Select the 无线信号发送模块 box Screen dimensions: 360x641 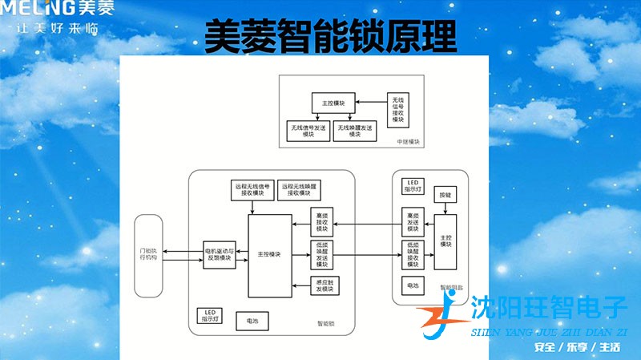point(308,131)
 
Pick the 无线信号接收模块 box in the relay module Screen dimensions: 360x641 point(397,108)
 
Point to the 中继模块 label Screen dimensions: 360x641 point(409,141)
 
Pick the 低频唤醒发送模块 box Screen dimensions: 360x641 point(322,255)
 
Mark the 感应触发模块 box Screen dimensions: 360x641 point(322,285)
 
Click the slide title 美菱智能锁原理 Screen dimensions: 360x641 point(330,36)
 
